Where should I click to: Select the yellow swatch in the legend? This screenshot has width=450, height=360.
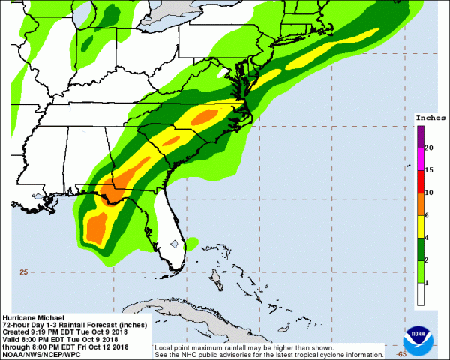click(x=421, y=226)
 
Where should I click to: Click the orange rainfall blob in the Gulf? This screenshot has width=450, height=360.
click(x=97, y=226)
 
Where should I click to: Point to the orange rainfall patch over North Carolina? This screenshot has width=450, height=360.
click(x=213, y=115)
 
